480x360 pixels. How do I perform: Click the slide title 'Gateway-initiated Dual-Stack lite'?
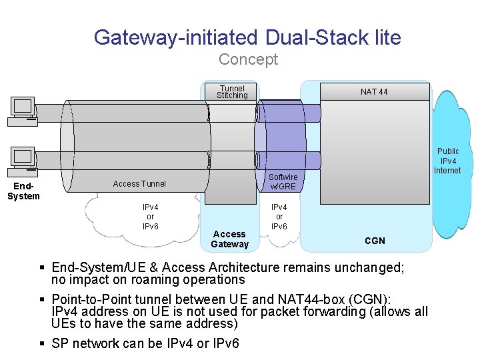click(x=247, y=37)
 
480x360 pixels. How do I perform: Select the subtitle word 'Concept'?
click(x=248, y=59)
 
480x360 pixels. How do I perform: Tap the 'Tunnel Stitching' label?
click(x=232, y=92)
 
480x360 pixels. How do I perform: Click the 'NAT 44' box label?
click(x=374, y=92)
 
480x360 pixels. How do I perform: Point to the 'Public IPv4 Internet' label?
click(x=447, y=161)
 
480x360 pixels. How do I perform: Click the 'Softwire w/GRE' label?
click(x=282, y=181)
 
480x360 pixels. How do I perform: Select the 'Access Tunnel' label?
click(x=139, y=184)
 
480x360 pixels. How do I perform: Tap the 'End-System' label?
click(x=23, y=191)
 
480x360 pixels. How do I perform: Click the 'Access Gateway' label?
click(x=229, y=239)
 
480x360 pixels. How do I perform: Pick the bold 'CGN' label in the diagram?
click(x=375, y=241)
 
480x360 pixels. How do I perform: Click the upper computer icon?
click(x=23, y=111)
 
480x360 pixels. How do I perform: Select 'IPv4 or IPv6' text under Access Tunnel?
click(x=150, y=217)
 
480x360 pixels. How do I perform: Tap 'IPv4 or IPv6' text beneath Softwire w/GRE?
click(x=279, y=217)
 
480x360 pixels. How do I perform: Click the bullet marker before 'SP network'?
click(x=42, y=343)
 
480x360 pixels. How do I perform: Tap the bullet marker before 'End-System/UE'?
click(x=42, y=267)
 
